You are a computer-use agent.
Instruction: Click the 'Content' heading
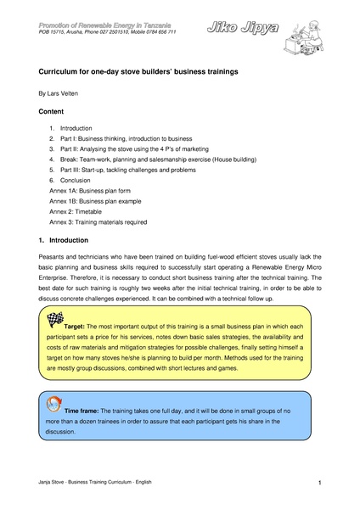click(x=52, y=111)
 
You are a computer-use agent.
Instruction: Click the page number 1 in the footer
click(x=318, y=483)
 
